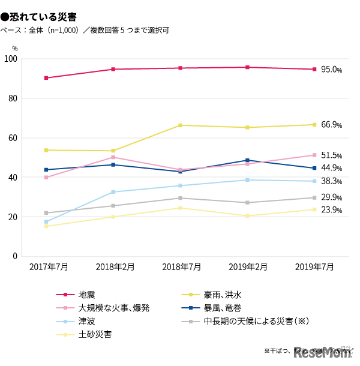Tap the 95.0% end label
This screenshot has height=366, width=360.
pyautogui.click(x=331, y=70)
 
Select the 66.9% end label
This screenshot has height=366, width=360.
pyautogui.click(x=331, y=125)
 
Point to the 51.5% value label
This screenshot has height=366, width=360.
pyautogui.click(x=331, y=155)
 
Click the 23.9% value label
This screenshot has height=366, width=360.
pyautogui.click(x=331, y=210)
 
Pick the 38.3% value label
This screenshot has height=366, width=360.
pyautogui.click(x=331, y=181)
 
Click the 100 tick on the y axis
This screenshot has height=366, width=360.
pyautogui.click(x=11, y=59)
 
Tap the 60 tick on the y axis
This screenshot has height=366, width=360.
pyautogui.click(x=13, y=138)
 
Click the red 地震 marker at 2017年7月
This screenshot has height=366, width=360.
pyautogui.click(x=46, y=78)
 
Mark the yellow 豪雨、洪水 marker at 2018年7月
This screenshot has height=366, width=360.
pyautogui.click(x=181, y=125)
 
